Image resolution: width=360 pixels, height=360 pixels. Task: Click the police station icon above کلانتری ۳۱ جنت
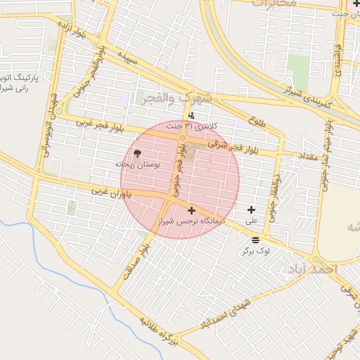point(192,116)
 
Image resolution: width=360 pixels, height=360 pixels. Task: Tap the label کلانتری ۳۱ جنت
point(192,127)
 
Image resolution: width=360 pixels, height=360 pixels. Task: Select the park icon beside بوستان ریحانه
point(136,153)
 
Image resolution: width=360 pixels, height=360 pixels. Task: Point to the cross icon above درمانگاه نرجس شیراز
point(191,210)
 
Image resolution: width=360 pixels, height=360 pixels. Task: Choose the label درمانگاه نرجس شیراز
point(192,221)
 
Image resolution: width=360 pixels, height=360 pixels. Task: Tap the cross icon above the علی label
point(251,210)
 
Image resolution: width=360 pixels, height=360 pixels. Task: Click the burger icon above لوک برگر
point(255,240)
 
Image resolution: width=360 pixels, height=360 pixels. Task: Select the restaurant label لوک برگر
point(257,250)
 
